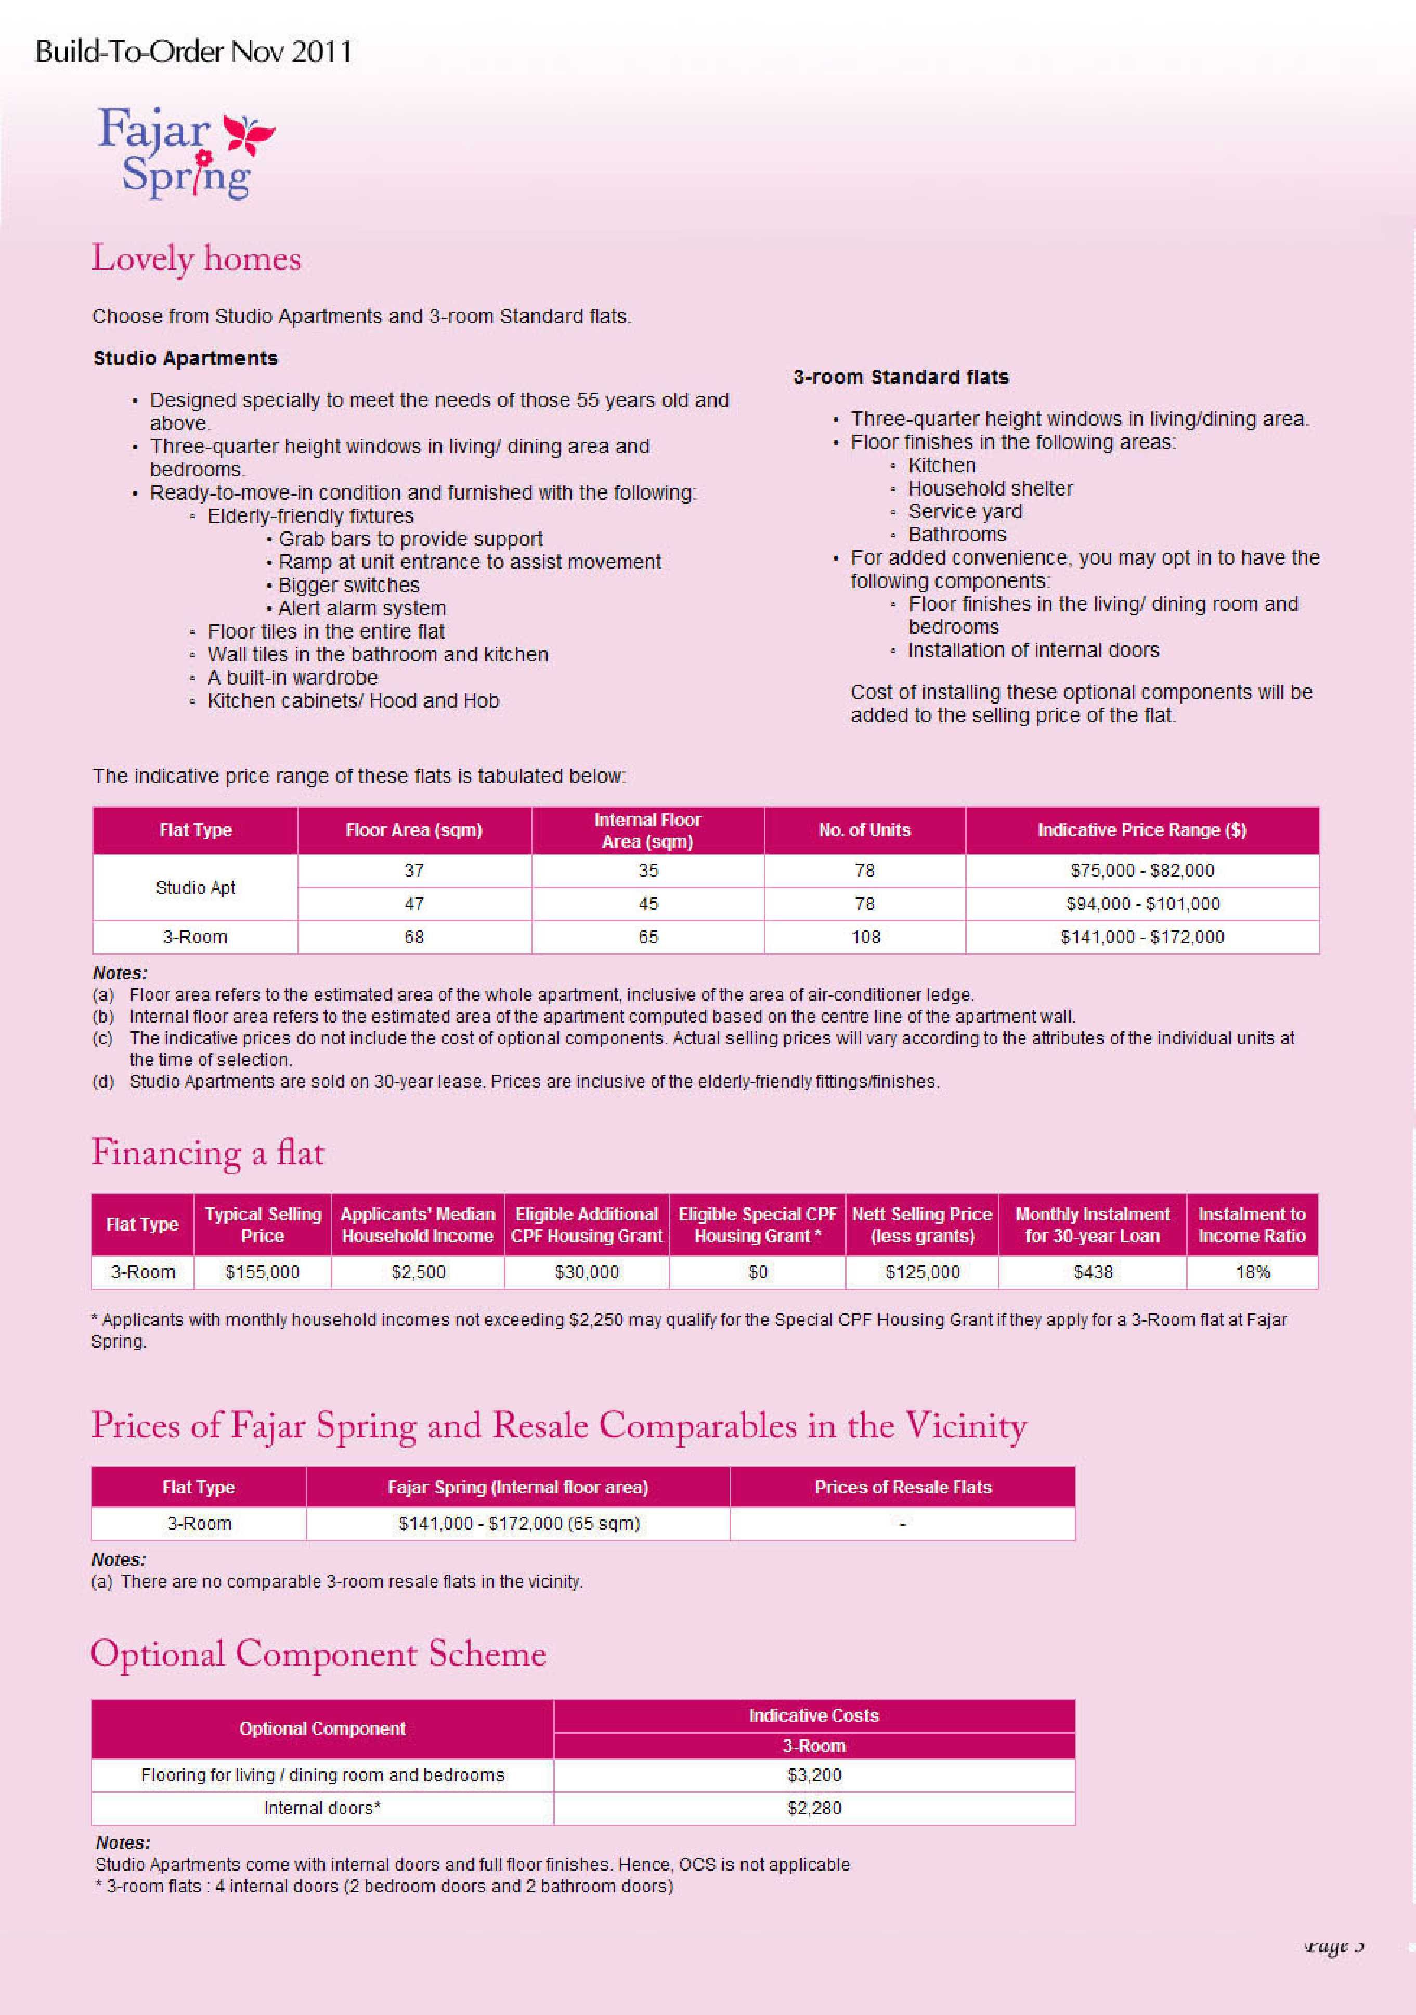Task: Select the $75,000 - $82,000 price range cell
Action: [1141, 870]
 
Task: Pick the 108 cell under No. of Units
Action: [865, 937]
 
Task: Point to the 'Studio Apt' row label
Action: [195, 887]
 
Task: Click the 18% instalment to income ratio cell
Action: [1252, 1272]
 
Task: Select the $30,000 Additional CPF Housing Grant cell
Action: [587, 1272]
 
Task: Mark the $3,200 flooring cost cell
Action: [814, 1775]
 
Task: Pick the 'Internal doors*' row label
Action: [322, 1808]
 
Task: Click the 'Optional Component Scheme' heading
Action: [319, 1654]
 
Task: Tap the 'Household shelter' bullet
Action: [990, 489]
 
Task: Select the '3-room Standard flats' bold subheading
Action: [901, 378]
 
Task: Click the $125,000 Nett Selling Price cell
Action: [922, 1272]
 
